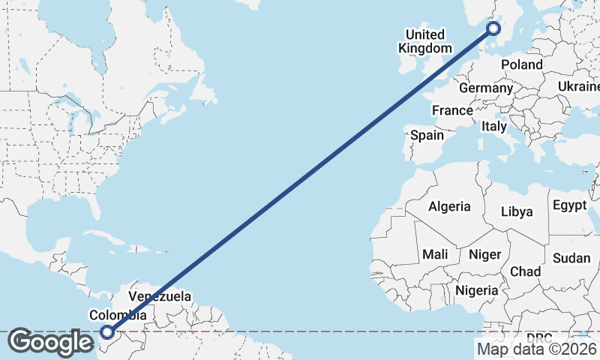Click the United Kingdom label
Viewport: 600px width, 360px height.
pyautogui.click(x=425, y=41)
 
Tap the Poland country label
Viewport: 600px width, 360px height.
pyautogui.click(x=522, y=65)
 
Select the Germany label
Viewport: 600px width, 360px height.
pyautogui.click(x=485, y=88)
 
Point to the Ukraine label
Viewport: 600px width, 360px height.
pyautogui.click(x=578, y=87)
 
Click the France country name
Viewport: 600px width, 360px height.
pyautogui.click(x=452, y=110)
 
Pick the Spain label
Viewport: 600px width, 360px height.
pyautogui.click(x=427, y=136)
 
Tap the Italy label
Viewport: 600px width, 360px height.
pyautogui.click(x=494, y=126)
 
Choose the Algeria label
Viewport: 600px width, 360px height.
pyautogui.click(x=449, y=206)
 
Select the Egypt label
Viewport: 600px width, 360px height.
pyautogui.click(x=569, y=205)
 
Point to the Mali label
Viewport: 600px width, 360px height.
pyautogui.click(x=435, y=254)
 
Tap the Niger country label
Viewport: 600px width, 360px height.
pyautogui.click(x=484, y=254)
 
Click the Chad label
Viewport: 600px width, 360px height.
pyautogui.click(x=525, y=271)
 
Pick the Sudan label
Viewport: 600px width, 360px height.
pyautogui.click(x=571, y=258)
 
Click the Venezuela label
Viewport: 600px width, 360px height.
pyautogui.click(x=160, y=296)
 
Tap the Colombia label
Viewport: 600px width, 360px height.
pyautogui.click(x=118, y=315)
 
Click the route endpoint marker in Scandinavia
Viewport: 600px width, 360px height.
pyautogui.click(x=493, y=29)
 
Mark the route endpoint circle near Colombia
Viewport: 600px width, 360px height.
pyautogui.click(x=107, y=331)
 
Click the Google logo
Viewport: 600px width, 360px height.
pyautogui.click(x=51, y=343)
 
